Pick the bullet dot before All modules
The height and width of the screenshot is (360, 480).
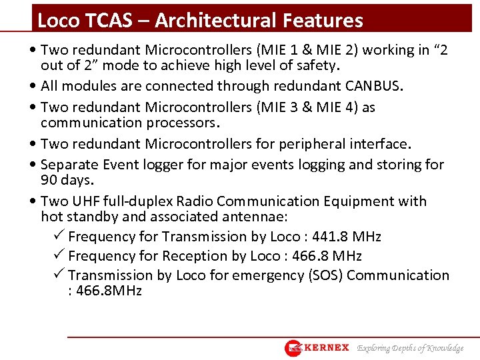click(34, 86)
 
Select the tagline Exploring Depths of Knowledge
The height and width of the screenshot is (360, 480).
click(410, 348)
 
